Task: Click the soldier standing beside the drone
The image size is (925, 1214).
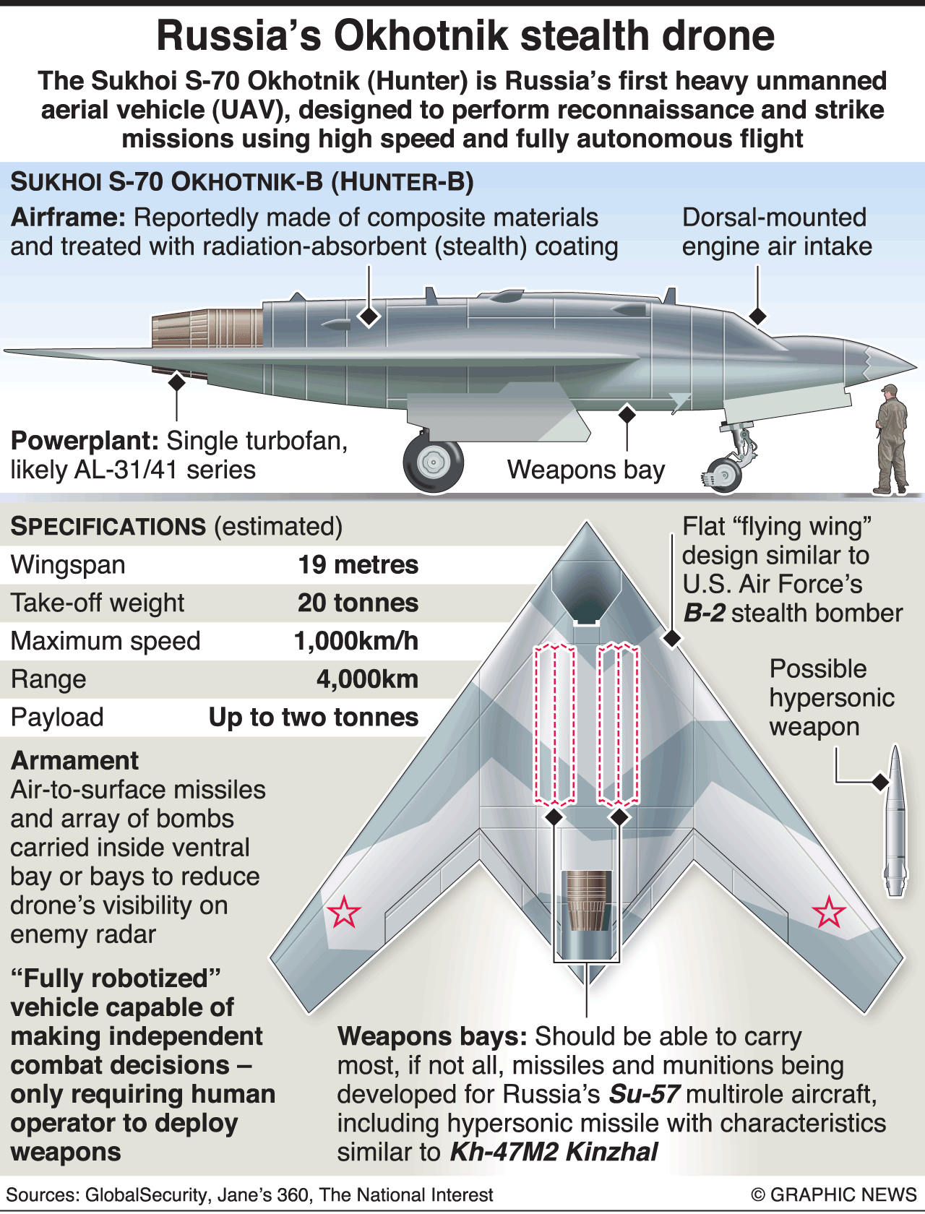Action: [891, 441]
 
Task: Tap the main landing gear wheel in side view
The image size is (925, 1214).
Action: [433, 462]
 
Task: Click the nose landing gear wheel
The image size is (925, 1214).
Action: [723, 475]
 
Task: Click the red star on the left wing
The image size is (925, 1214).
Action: [343, 912]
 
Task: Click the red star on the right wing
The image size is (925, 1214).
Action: [829, 912]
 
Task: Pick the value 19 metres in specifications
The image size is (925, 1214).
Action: [358, 564]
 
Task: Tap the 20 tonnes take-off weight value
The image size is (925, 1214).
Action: [358, 603]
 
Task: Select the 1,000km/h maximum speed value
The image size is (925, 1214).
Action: [356, 641]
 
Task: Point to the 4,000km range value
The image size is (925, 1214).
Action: [367, 679]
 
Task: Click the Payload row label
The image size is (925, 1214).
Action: [57, 718]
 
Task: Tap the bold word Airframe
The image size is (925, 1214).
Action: [68, 218]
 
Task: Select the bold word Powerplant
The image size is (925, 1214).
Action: [85, 441]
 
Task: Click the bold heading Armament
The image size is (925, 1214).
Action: [74, 761]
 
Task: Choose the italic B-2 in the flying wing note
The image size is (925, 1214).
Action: [704, 614]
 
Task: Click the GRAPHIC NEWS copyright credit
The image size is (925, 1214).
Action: [834, 1194]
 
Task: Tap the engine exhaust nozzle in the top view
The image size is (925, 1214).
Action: [586, 900]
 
